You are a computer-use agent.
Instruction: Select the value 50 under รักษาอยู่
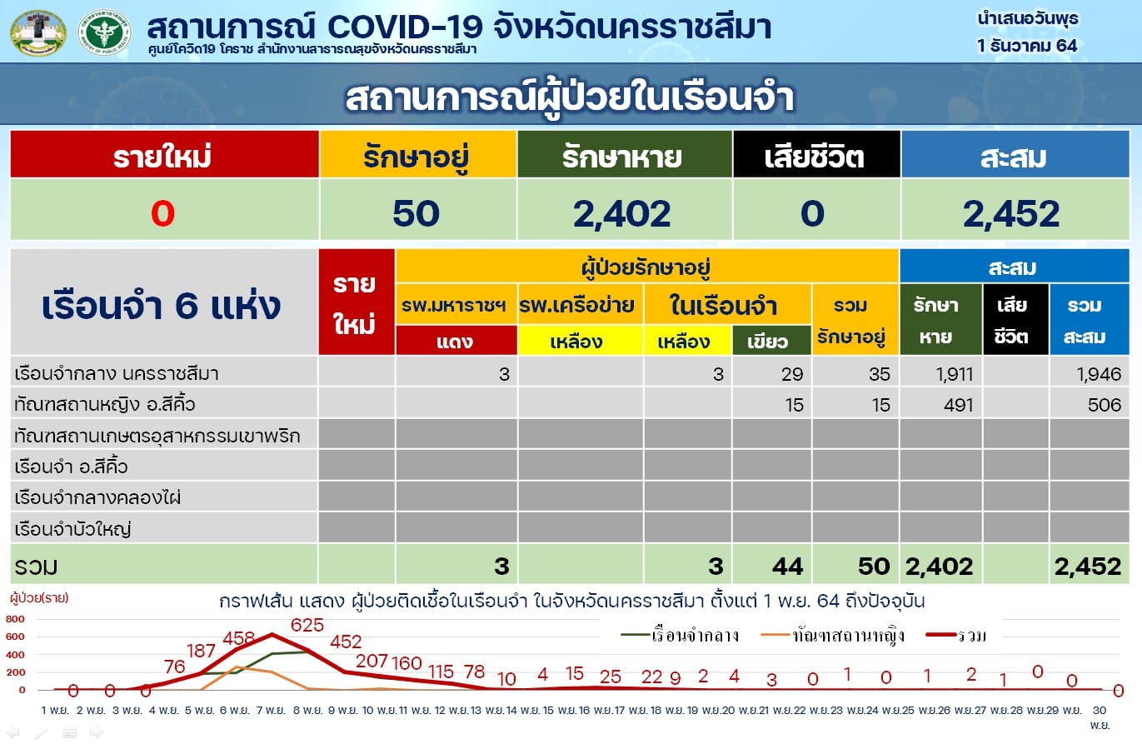click(x=416, y=213)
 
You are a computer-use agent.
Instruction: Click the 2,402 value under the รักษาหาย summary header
click(x=622, y=214)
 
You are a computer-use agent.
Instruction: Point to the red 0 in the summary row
click(x=163, y=213)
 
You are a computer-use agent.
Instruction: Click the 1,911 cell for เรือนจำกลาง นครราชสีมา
click(x=955, y=374)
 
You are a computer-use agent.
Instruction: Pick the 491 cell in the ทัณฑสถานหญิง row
click(x=959, y=405)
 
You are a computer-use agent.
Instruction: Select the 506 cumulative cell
click(x=1105, y=405)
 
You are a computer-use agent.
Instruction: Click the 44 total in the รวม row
click(x=788, y=567)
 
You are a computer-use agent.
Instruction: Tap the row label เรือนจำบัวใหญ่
click(x=72, y=529)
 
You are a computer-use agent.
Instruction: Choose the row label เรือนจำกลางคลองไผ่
click(x=97, y=497)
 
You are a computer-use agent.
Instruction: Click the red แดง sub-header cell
click(x=456, y=341)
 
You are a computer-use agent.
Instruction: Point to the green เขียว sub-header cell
click(x=771, y=341)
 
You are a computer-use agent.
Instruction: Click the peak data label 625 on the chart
click(x=307, y=625)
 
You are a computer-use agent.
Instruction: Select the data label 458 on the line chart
click(x=238, y=637)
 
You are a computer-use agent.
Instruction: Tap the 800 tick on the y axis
click(x=15, y=619)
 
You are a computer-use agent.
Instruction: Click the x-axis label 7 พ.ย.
click(x=271, y=710)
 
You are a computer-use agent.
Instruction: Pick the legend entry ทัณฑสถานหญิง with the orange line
click(x=832, y=636)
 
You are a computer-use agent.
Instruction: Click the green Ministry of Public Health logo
click(x=104, y=32)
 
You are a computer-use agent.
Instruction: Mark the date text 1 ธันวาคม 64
click(x=1027, y=46)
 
